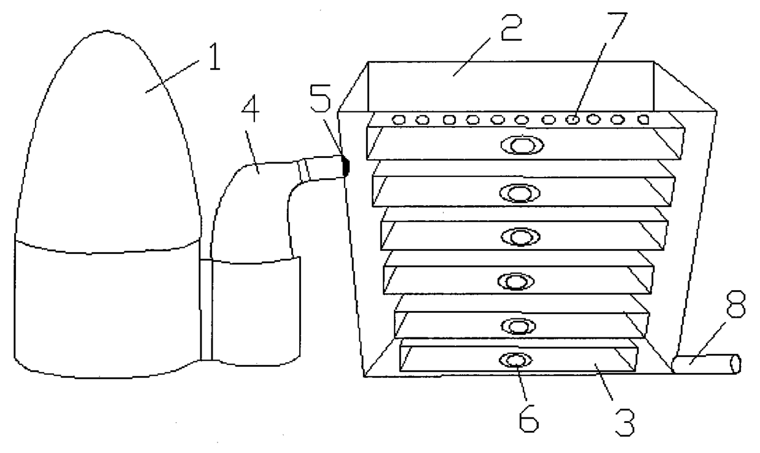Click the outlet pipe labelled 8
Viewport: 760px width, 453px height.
[705, 365]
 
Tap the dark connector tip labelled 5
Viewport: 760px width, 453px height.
[345, 165]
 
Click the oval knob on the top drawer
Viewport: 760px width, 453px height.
[521, 145]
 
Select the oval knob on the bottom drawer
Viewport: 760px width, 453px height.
[516, 360]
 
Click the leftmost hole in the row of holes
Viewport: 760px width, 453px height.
[398, 120]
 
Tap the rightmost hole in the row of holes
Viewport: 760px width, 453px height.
[643, 120]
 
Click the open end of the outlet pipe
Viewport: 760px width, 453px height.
[736, 364]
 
